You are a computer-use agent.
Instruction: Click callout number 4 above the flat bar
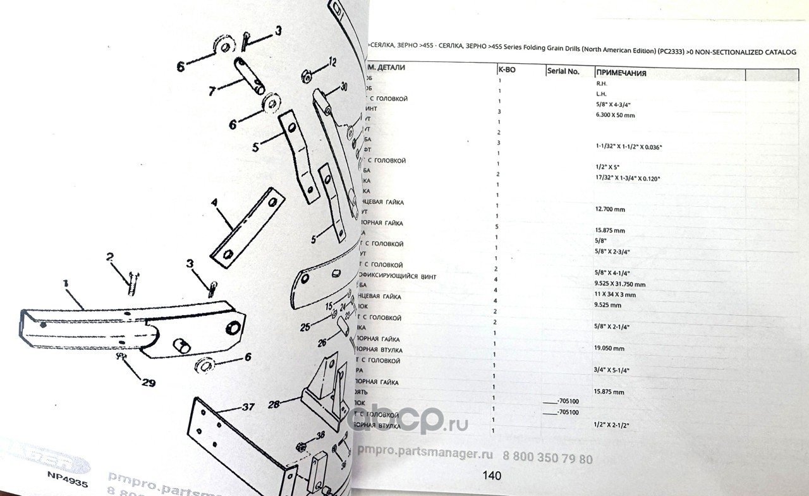(x=214, y=204)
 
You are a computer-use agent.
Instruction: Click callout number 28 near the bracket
(x=273, y=404)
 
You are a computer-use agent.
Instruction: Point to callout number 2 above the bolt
(x=109, y=257)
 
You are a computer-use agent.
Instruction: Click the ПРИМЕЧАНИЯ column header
(x=621, y=73)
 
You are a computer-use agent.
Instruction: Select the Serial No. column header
(x=564, y=71)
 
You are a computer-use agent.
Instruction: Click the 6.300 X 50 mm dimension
(x=615, y=115)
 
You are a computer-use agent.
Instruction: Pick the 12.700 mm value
(x=610, y=209)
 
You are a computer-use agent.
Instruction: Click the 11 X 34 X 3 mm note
(x=616, y=295)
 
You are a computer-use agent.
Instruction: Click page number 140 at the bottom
(x=491, y=475)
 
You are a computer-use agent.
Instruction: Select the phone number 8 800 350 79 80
(x=547, y=459)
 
